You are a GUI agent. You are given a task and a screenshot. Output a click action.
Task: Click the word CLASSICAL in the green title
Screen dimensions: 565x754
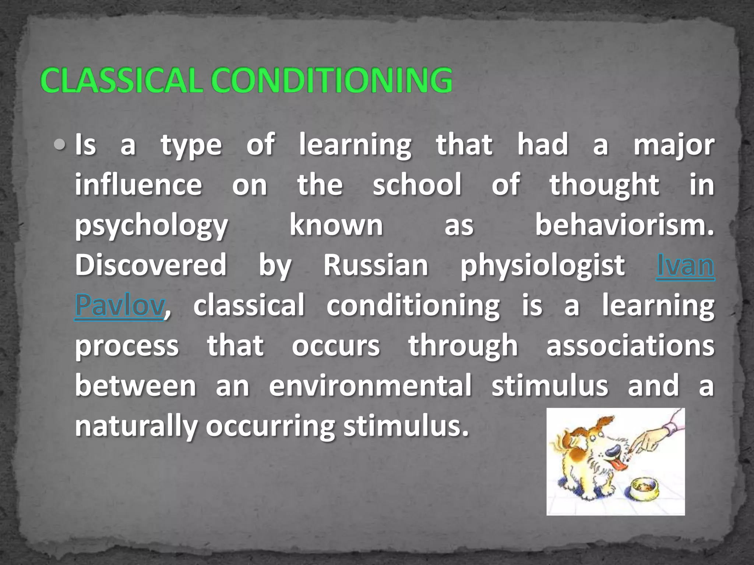(121, 81)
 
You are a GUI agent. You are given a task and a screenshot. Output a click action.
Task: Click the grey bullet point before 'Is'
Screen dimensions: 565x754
(59, 145)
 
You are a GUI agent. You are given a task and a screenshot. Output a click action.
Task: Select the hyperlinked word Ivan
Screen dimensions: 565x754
(685, 266)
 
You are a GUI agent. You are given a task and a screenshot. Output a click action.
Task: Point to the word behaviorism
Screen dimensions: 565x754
(624, 225)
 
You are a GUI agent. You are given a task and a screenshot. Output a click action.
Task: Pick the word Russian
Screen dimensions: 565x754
(376, 266)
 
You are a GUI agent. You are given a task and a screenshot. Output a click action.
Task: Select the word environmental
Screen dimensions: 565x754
(370, 386)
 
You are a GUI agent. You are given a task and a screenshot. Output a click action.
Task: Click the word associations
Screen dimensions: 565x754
(630, 346)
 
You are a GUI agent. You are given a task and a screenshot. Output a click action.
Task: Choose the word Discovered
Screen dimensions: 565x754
(151, 265)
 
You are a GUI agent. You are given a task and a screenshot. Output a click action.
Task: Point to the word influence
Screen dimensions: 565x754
(138, 185)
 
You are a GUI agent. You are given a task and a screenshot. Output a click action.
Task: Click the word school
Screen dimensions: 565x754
(417, 185)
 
